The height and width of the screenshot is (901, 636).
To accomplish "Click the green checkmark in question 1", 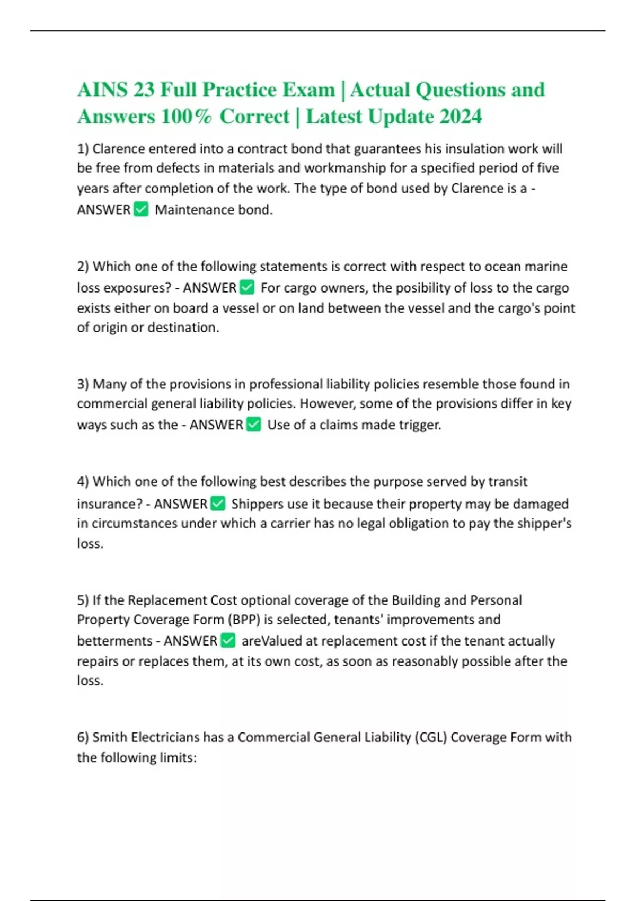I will [x=141, y=209].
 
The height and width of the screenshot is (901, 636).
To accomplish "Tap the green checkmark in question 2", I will [x=247, y=288].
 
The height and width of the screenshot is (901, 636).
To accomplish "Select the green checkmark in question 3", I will [x=254, y=425].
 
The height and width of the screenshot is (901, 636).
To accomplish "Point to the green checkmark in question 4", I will [x=218, y=503].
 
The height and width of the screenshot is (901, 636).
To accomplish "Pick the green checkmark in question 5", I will [x=228, y=641].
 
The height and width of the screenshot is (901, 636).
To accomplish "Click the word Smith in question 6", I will [x=110, y=737].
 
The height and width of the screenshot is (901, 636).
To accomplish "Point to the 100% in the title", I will [x=186, y=117].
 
